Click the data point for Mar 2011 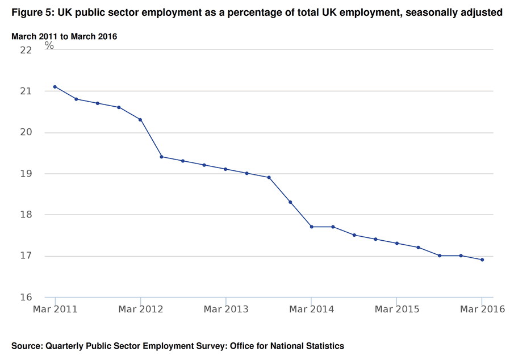click(55, 87)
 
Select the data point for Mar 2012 click(140, 120)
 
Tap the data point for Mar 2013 click(225, 169)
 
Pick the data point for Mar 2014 click(311, 227)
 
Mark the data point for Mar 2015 click(396, 244)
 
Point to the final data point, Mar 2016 click(482, 260)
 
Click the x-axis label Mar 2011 click(55, 309)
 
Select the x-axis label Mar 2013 click(225, 309)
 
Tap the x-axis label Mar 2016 click(482, 309)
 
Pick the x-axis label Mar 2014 click(311, 309)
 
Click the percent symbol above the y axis click(49, 46)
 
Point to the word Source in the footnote click(26, 345)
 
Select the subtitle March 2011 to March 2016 click(64, 36)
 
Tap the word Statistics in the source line click(324, 345)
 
